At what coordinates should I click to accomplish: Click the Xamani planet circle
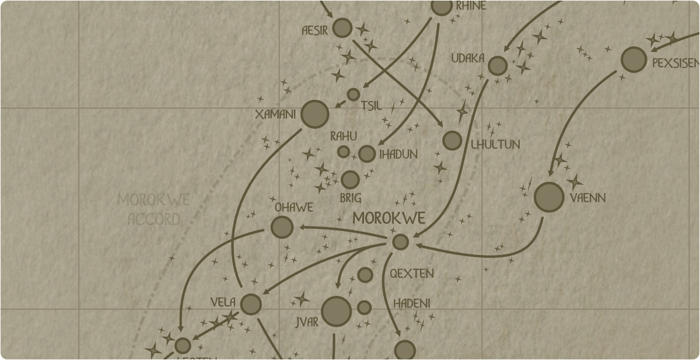pyautogui.click(x=315, y=114)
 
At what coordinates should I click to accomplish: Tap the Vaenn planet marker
pyautogui.click(x=549, y=197)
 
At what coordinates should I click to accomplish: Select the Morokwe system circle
pyautogui.click(x=400, y=242)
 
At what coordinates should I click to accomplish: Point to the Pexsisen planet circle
pyautogui.click(x=633, y=60)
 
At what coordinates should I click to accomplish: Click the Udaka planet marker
pyautogui.click(x=497, y=65)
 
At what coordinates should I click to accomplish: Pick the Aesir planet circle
pyautogui.click(x=342, y=27)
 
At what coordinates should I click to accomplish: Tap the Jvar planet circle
pyautogui.click(x=337, y=311)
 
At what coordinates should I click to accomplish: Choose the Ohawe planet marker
pyautogui.click(x=282, y=227)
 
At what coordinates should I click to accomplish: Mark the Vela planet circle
pyautogui.click(x=251, y=304)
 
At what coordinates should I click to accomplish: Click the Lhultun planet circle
pyautogui.click(x=452, y=141)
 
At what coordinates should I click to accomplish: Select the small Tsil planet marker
pyautogui.click(x=353, y=95)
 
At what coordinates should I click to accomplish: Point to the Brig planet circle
pyautogui.click(x=350, y=180)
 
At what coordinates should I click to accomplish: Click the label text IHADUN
pyautogui.click(x=398, y=155)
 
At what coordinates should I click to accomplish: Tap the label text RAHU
pyautogui.click(x=344, y=137)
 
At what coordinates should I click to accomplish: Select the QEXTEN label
pyautogui.click(x=412, y=273)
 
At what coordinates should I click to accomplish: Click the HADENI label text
pyautogui.click(x=412, y=303)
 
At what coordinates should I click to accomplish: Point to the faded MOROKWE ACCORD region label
pyautogui.click(x=153, y=209)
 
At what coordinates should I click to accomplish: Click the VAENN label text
pyautogui.click(x=587, y=198)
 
